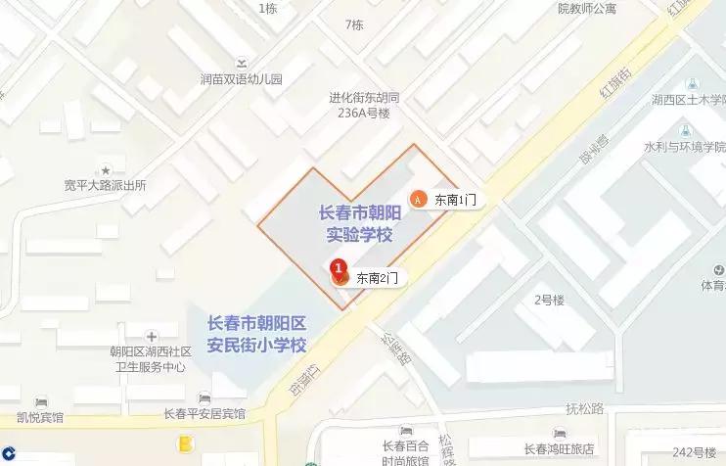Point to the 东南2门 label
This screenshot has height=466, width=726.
click(x=377, y=278)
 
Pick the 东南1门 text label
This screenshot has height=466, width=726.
click(x=455, y=199)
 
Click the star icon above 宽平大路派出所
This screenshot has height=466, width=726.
click(x=106, y=169)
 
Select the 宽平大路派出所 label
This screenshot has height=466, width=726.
click(x=105, y=185)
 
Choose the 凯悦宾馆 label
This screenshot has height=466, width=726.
click(x=40, y=417)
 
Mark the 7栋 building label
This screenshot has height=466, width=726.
click(x=354, y=24)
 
